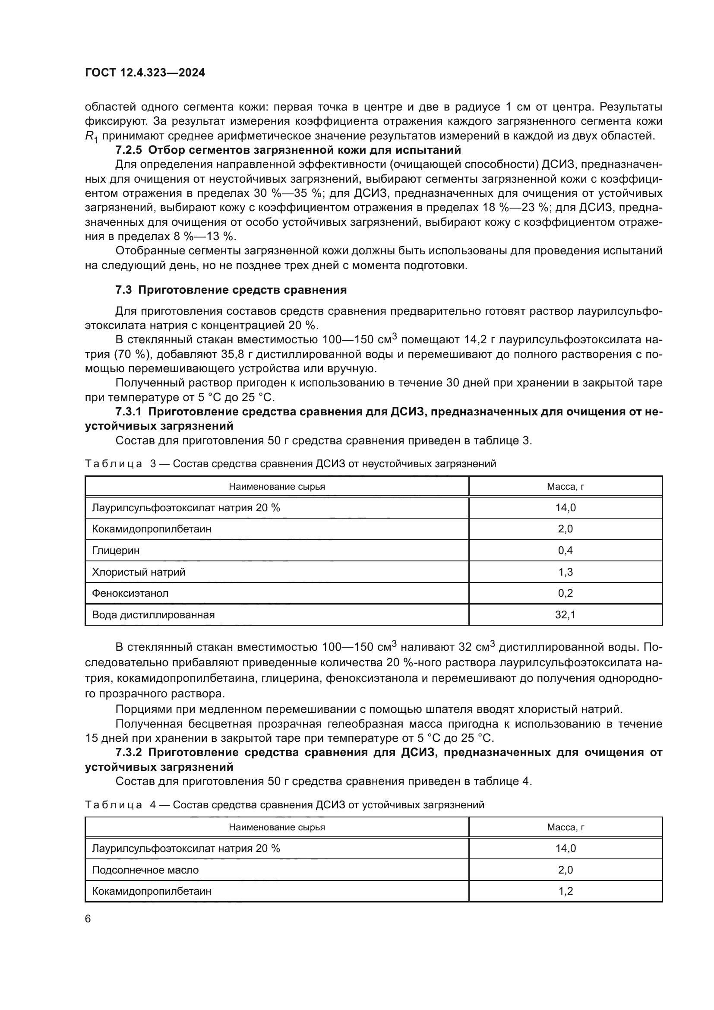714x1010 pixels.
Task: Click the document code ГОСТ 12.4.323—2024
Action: coord(145,73)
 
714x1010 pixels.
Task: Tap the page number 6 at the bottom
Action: coord(88,918)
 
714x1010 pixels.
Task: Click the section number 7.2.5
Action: coord(128,150)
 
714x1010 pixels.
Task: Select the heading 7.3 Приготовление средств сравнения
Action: coord(231,290)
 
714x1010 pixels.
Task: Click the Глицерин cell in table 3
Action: coord(116,550)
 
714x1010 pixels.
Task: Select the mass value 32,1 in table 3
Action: coord(565,614)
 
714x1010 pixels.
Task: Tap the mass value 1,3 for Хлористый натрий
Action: coord(565,572)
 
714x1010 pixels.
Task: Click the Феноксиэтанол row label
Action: coord(130,593)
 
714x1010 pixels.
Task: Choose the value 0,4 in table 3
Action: coord(565,550)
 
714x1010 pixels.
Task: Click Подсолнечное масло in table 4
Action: coord(145,870)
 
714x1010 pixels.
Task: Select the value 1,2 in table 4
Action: coord(565,891)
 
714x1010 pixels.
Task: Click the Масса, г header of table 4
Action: coord(565,827)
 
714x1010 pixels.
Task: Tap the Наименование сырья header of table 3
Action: coord(277,487)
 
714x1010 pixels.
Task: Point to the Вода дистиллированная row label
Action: coord(153,614)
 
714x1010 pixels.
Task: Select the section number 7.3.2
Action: coord(128,752)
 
